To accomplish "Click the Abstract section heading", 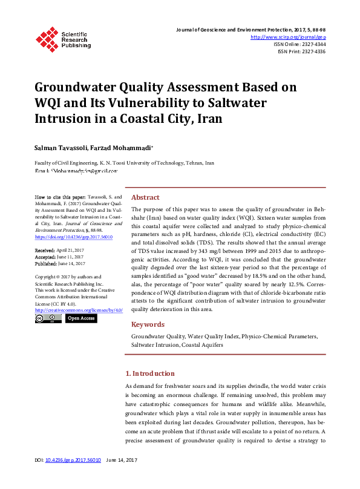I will (x=145, y=197).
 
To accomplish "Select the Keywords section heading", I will (x=148, y=324).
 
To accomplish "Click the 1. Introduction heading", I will (x=149, y=373).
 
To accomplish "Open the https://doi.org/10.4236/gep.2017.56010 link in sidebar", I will (x=74, y=237).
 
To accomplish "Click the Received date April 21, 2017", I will (x=72, y=250).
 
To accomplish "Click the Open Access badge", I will (x=81, y=318).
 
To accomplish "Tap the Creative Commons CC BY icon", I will (x=48, y=318).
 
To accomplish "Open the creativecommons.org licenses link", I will (x=79, y=310).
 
